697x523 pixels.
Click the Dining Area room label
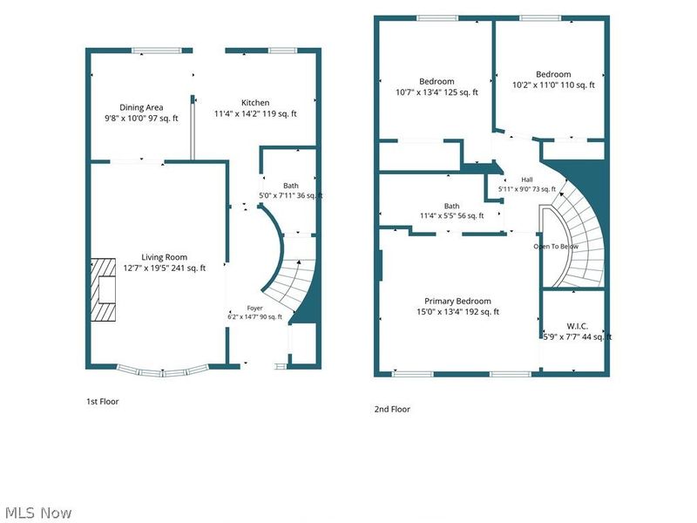coord(141,107)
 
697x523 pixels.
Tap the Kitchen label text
coord(255,103)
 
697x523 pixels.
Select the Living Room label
coord(164,257)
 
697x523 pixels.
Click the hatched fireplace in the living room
coord(103,290)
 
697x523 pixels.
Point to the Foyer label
coord(254,309)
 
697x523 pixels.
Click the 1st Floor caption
coord(102,401)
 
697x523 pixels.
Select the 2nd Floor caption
coord(392,409)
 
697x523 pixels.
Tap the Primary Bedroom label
coord(457,301)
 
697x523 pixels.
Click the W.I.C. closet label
coord(577,326)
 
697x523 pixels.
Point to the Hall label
coord(527,180)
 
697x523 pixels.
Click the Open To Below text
coord(556,247)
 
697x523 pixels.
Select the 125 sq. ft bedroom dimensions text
coord(437,92)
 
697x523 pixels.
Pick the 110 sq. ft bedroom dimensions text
coord(553,85)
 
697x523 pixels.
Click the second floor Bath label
coord(451,206)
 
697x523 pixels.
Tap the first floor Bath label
coord(291,186)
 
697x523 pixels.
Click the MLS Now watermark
coord(38,513)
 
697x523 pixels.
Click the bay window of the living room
coord(163,372)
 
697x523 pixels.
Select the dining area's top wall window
coord(157,51)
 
